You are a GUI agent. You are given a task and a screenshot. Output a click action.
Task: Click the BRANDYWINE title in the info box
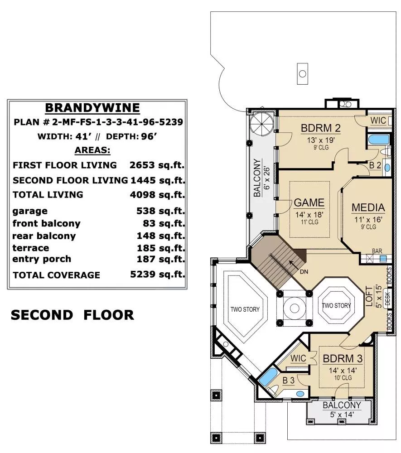[92, 108]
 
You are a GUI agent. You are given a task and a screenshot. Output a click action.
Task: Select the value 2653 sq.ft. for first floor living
[157, 165]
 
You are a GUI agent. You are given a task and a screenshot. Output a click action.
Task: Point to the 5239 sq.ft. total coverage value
[157, 274]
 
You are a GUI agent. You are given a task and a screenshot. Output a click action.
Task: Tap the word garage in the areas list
[30, 211]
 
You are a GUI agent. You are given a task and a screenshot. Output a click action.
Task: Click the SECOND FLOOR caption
[72, 315]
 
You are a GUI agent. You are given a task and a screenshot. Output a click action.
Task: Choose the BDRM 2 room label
[321, 128]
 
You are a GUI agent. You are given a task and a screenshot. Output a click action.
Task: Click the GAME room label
[309, 202]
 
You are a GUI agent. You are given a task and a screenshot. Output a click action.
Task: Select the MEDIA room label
[368, 207]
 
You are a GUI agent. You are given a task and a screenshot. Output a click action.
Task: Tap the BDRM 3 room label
[343, 358]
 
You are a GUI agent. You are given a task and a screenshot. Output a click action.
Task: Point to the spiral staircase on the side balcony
[261, 124]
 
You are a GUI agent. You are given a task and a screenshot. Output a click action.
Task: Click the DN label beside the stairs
[304, 271]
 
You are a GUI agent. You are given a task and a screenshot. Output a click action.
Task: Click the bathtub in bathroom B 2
[378, 140]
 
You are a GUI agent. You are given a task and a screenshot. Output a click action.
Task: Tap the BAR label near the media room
[377, 251]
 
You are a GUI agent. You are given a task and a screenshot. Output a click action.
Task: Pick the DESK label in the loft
[387, 299]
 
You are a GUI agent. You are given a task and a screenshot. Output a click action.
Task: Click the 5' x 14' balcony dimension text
[342, 414]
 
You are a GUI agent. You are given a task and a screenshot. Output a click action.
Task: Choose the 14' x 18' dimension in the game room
[309, 215]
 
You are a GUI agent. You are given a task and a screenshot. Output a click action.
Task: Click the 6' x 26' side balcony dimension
[267, 178]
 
